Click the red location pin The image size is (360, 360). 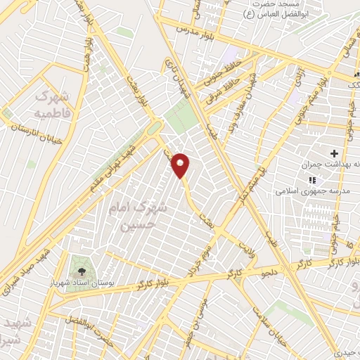(181, 165)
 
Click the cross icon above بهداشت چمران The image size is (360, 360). (334, 153)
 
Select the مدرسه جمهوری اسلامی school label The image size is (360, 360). (307, 191)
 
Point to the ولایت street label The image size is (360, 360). (248, 247)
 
